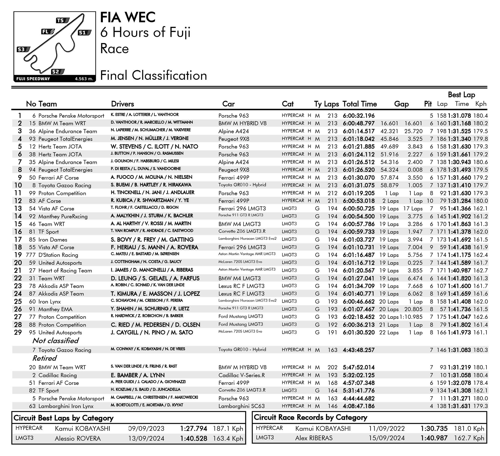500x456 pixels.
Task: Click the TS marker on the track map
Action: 62,21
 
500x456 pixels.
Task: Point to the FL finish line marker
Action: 48,32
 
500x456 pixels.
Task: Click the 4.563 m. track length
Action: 84,79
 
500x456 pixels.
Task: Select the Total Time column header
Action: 359,104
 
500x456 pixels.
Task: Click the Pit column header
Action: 428,104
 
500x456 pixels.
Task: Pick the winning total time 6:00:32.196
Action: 359,116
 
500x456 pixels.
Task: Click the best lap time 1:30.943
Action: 459,162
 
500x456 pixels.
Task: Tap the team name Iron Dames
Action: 53,240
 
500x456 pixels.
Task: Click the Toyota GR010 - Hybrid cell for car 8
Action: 242,185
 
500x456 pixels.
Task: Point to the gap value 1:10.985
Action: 411,317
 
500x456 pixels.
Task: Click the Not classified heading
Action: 55,341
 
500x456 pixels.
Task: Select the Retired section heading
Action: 45,358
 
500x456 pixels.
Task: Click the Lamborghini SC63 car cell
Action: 241,406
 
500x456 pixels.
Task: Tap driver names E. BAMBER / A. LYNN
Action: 137,375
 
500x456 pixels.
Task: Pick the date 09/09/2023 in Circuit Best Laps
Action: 146,429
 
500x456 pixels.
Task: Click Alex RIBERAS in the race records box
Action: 314,438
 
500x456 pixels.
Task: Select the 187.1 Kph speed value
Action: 228,429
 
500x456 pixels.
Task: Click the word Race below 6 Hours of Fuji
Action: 114,49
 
